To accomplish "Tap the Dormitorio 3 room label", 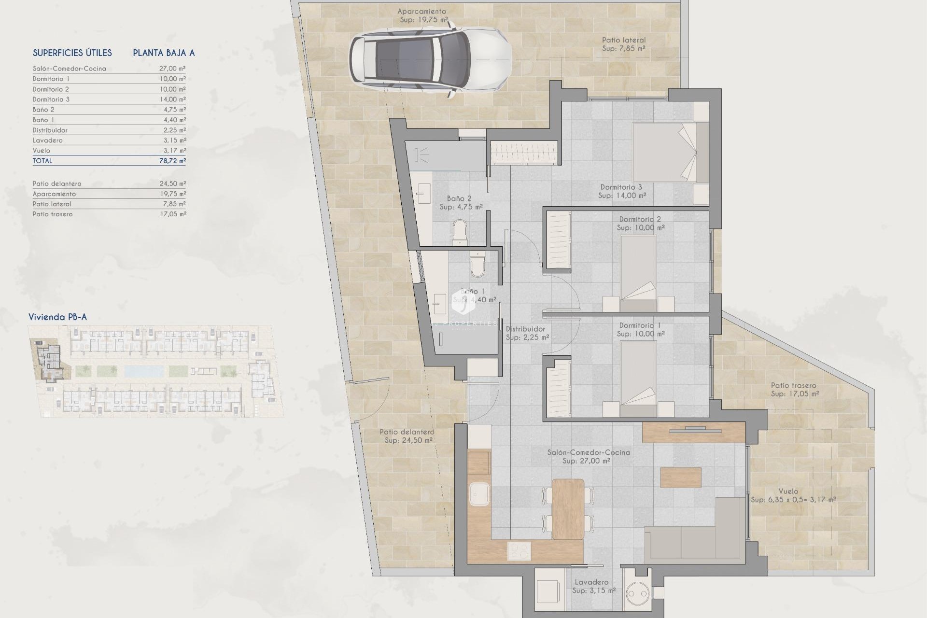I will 621,187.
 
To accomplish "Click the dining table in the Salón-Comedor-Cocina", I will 568,509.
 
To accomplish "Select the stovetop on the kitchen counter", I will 519,551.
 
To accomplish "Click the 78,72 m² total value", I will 172,161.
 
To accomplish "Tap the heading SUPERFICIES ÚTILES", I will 72,53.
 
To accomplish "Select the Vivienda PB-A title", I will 57,317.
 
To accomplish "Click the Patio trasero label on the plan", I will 793,385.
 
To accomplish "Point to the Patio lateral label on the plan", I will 623,40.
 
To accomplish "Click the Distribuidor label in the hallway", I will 525,329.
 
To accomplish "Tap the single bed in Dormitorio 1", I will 638,376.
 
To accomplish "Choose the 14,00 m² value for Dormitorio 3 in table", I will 172,99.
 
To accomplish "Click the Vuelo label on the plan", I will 788,492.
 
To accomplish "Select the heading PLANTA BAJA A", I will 164,53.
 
